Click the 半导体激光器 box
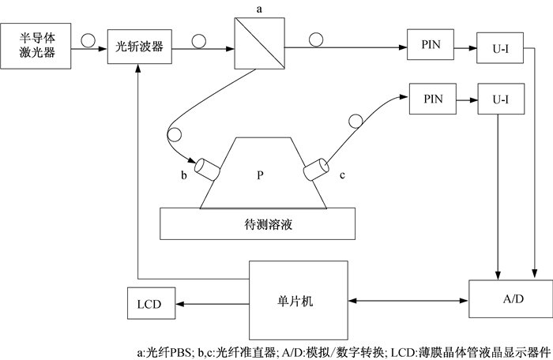pyautogui.click(x=36, y=46)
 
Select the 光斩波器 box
pyautogui.click(x=140, y=47)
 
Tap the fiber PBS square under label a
pyautogui.click(x=260, y=43)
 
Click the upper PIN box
pyautogui.click(x=431, y=44)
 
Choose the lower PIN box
pyautogui.click(x=433, y=99)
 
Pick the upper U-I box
pyautogui.click(x=500, y=48)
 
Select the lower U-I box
pyautogui.click(x=501, y=99)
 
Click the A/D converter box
pyautogui.click(x=510, y=299)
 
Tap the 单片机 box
pyautogui.click(x=299, y=301)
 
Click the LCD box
pyautogui.click(x=152, y=303)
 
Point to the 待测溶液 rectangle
pyautogui.click(x=258, y=224)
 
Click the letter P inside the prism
pyautogui.click(x=260, y=175)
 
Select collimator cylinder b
pyautogui.click(x=208, y=169)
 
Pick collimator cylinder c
pyautogui.click(x=316, y=170)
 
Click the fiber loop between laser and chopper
pyautogui.click(x=88, y=40)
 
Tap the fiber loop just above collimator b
pyautogui.click(x=175, y=134)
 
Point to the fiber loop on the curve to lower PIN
pyautogui.click(x=355, y=121)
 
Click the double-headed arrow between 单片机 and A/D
pyautogui.click(x=408, y=301)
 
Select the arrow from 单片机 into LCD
pyautogui.click(x=213, y=304)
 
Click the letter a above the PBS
pyautogui.click(x=259, y=9)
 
